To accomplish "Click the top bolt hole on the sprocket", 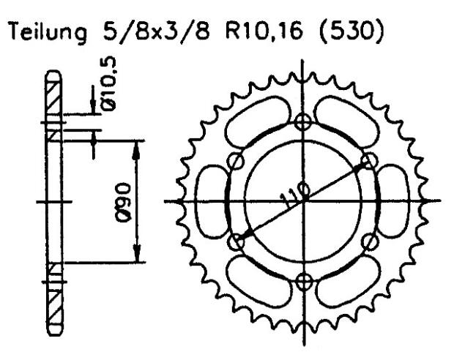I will click(x=303, y=122).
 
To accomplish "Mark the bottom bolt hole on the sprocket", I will click(x=303, y=279).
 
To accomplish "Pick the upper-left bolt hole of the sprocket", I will click(x=235, y=162).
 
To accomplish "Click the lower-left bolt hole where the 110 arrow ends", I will click(x=235, y=240).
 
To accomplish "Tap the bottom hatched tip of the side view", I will click(x=53, y=307).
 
